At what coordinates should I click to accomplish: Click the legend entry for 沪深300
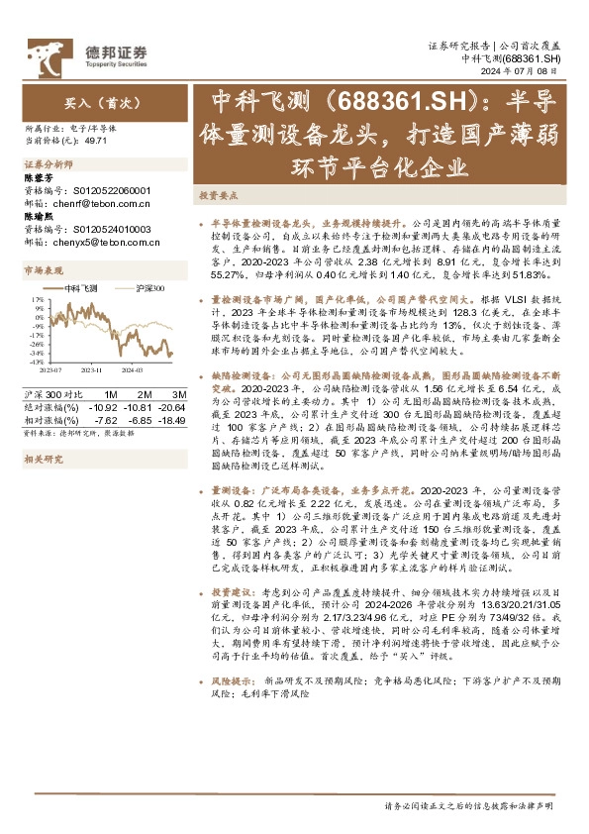[150, 285]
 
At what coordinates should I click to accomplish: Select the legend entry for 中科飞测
[83, 285]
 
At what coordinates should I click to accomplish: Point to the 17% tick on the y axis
[37, 298]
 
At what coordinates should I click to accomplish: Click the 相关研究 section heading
[44, 432]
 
